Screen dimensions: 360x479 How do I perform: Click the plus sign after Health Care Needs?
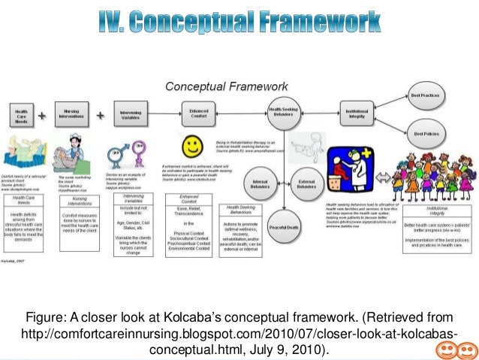click(43, 116)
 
